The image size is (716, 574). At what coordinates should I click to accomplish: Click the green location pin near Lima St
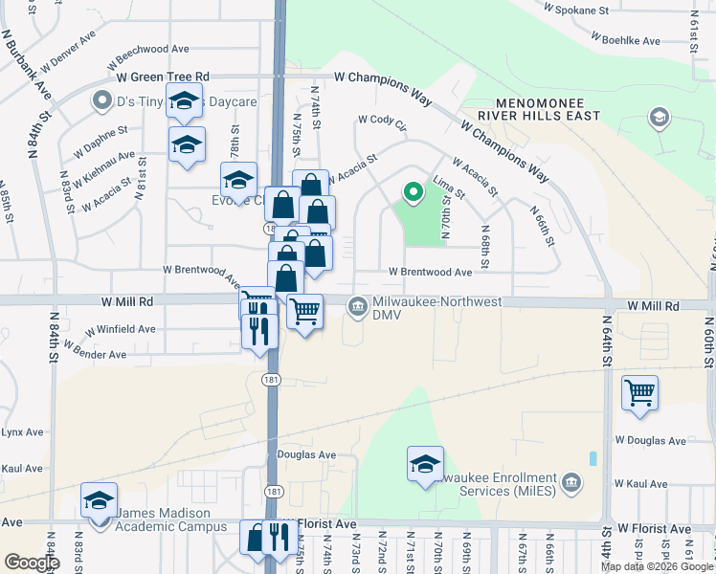point(413,193)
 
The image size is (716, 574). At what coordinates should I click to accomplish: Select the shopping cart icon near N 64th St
point(639,392)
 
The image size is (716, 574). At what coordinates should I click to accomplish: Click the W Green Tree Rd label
point(163,77)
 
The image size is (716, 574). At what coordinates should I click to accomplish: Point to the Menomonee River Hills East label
point(547,109)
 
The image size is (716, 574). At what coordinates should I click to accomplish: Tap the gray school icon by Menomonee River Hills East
point(658,118)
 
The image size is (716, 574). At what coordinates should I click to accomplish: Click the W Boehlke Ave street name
point(626,41)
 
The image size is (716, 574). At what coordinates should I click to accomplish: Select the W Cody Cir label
point(382,120)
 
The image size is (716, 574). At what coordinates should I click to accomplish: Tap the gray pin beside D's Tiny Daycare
point(101,99)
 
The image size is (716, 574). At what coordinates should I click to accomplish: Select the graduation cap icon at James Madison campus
point(99,503)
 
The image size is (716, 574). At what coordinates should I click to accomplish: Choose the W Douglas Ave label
point(650,441)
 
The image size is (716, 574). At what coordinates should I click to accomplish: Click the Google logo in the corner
point(31,563)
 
